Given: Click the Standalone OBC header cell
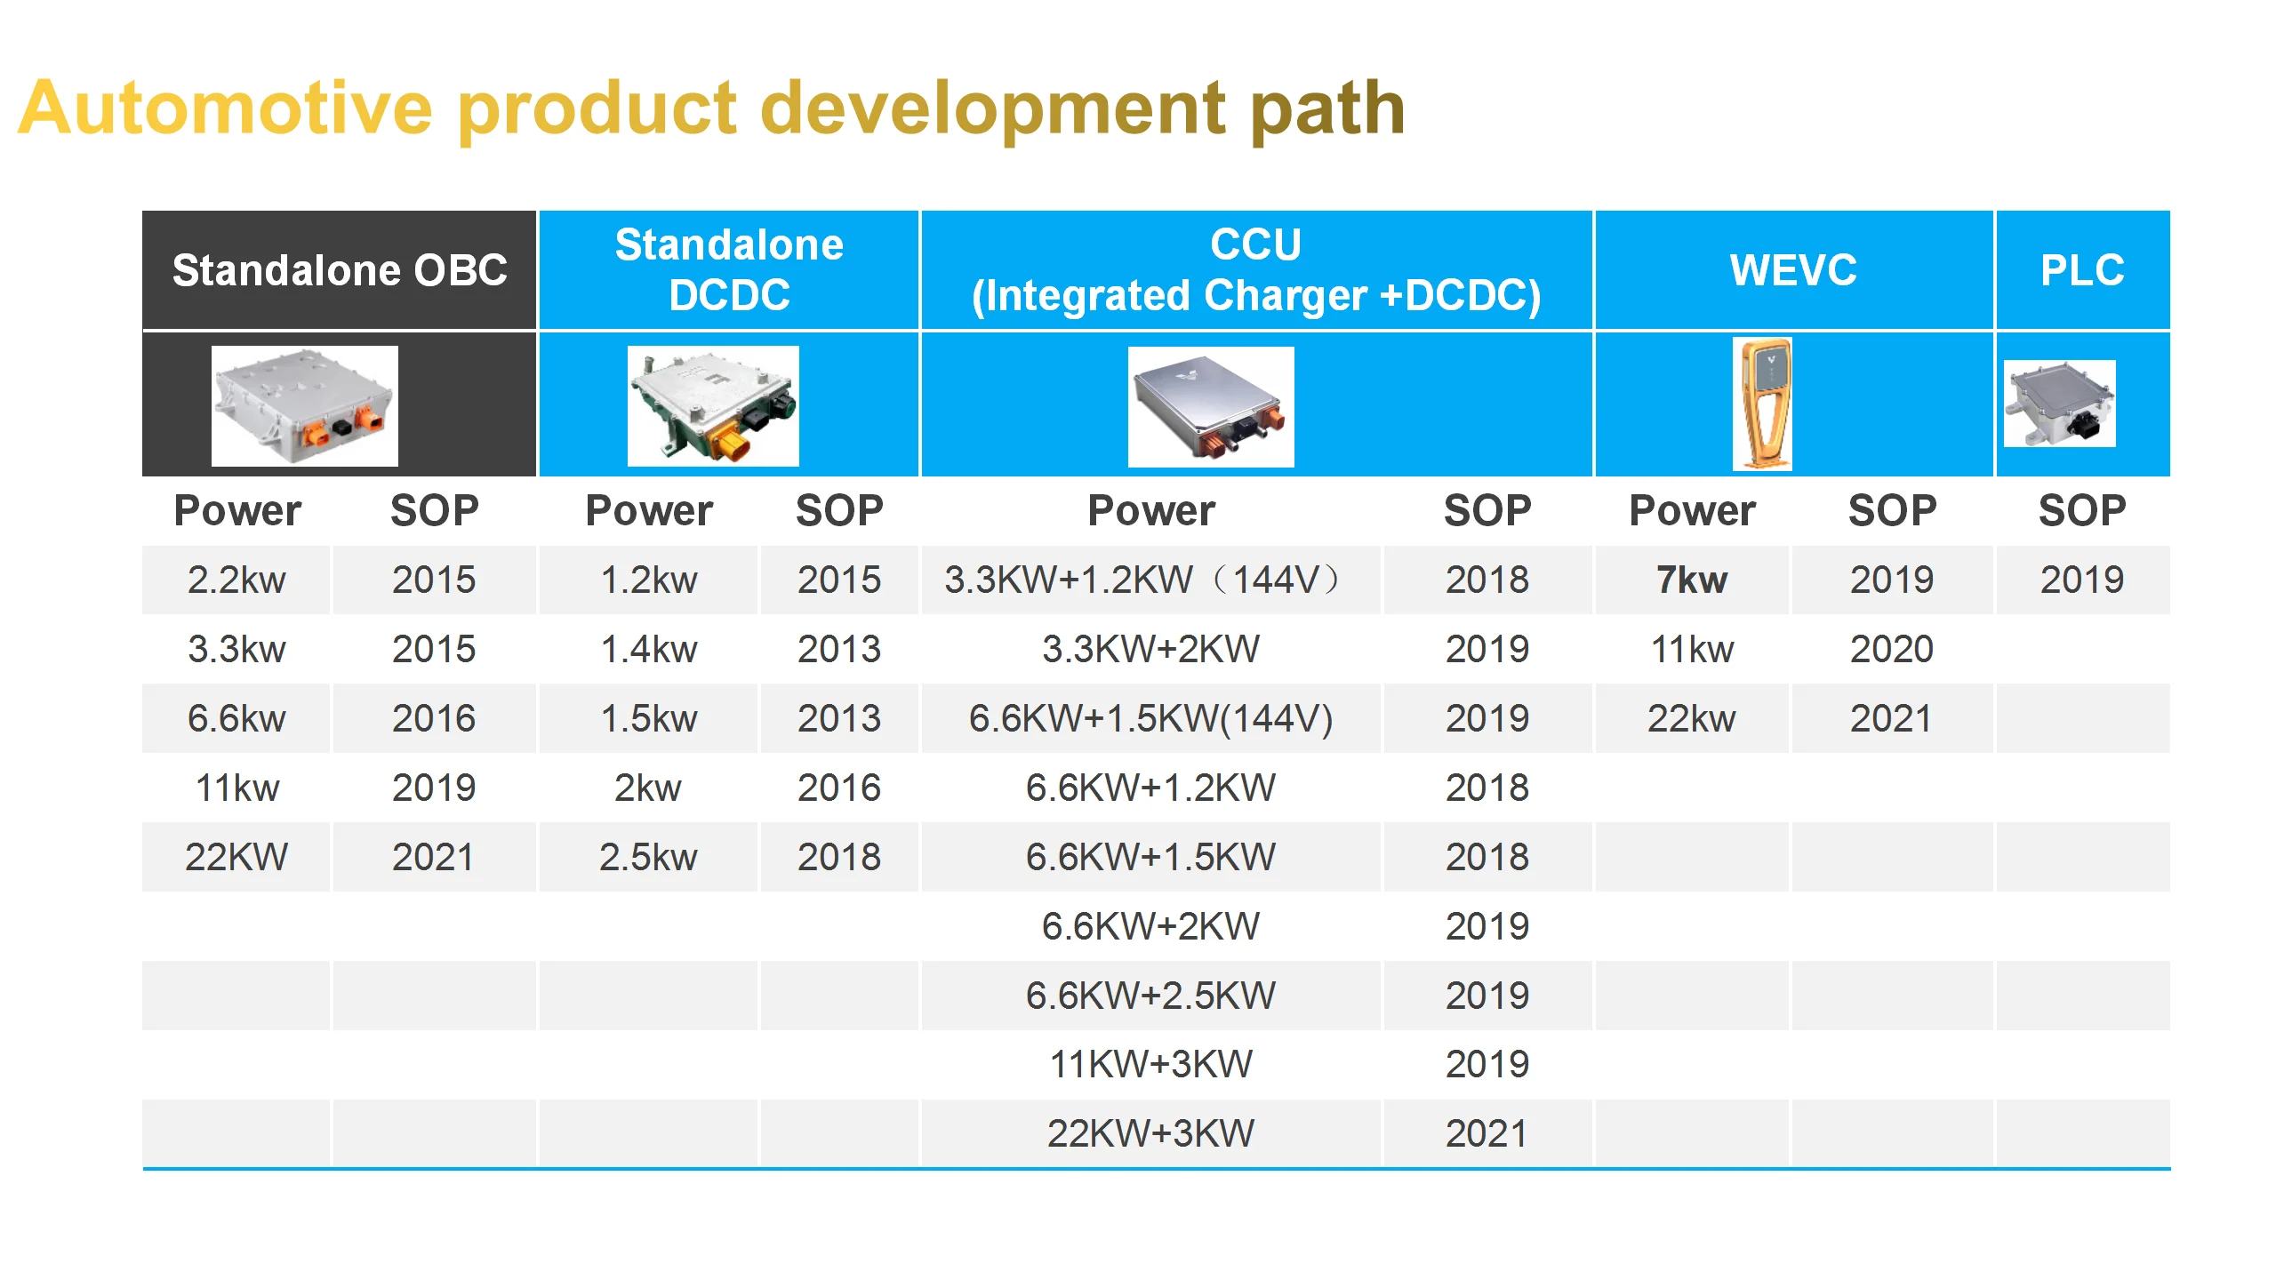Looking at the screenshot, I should [339, 270].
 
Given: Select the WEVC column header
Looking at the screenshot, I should [1792, 270].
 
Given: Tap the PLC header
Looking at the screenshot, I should [2082, 270].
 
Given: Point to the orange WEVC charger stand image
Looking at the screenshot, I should [1762, 404].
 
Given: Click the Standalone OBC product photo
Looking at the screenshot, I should [304, 406].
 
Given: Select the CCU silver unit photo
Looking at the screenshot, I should [1210, 407].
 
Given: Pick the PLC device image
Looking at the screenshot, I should [2059, 404].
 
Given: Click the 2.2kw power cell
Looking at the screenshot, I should [236, 580].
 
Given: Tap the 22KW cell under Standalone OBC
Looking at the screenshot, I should [236, 858].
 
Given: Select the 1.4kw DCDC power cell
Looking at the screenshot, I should [649, 650].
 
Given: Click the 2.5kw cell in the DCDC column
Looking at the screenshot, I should [648, 858].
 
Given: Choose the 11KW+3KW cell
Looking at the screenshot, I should [1150, 1064].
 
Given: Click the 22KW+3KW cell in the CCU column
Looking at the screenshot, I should [1150, 1133].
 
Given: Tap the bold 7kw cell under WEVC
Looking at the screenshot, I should [1691, 580].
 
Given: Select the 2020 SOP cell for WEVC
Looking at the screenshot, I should [1891, 650].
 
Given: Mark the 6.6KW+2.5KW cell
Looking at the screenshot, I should [1150, 996].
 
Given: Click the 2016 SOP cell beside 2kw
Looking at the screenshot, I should [838, 788].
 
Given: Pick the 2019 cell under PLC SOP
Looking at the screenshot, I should [2081, 580].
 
